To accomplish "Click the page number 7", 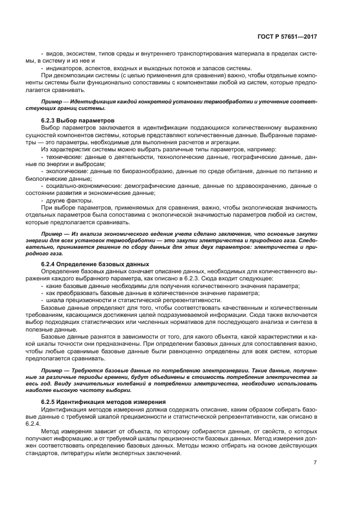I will [315, 463].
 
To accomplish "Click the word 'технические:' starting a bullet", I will [62, 156].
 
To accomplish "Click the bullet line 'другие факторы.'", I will [65, 200].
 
